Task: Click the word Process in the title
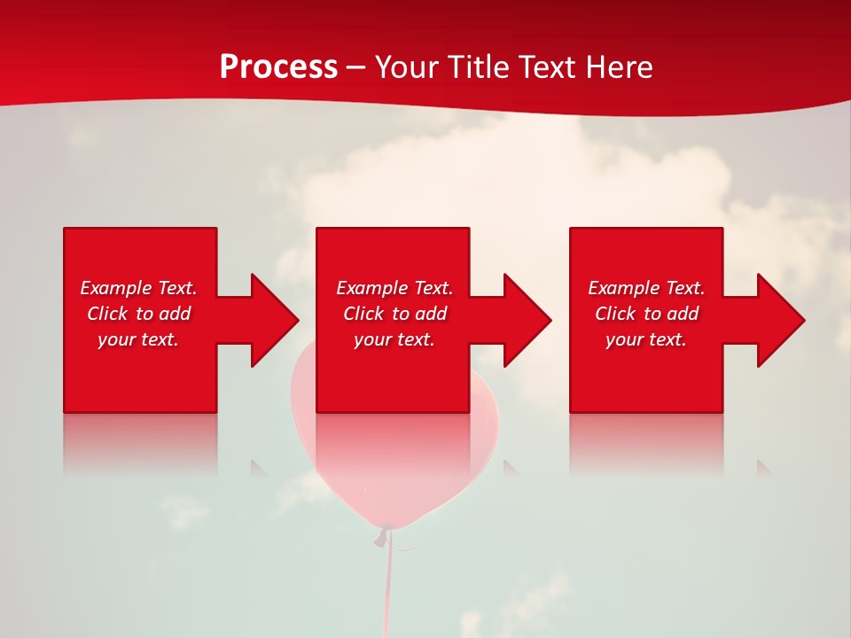pos(278,67)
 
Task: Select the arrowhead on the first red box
pos(271,320)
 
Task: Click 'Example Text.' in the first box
pos(138,288)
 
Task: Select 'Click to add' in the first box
pos(138,314)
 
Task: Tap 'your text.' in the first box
pos(138,339)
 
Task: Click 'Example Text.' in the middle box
pos(394,288)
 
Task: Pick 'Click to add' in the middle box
pos(394,314)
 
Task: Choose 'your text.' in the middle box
pos(394,339)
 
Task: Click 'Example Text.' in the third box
pos(646,288)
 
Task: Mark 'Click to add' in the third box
pos(646,314)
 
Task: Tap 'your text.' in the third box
pos(646,339)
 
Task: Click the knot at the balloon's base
pos(384,536)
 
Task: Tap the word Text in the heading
pos(546,67)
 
